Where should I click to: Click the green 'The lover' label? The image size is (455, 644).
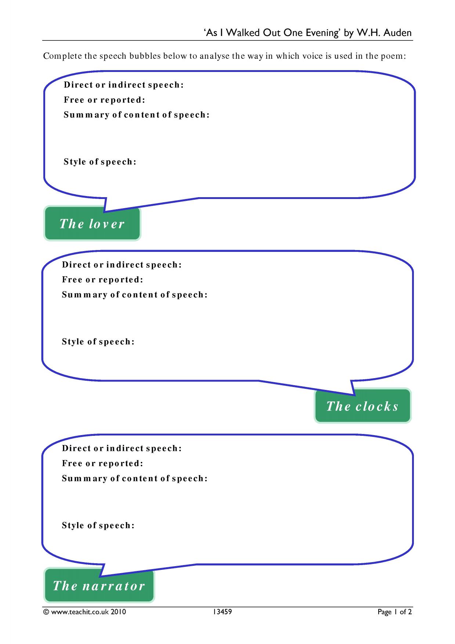click(x=92, y=224)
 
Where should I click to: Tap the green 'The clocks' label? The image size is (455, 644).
click(x=363, y=406)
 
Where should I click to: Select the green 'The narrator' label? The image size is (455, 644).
click(x=99, y=585)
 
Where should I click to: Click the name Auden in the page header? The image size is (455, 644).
click(x=398, y=33)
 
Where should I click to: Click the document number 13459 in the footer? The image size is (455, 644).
click(x=222, y=612)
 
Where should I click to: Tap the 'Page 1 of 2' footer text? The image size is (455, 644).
click(x=395, y=612)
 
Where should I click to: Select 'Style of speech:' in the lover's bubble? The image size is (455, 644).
click(x=100, y=162)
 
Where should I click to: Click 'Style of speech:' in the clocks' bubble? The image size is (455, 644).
click(x=98, y=341)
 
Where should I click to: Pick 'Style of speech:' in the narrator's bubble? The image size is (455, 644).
click(x=98, y=525)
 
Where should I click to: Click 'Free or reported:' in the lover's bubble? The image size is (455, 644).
click(x=105, y=100)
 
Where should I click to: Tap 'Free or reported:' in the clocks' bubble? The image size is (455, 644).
click(x=103, y=280)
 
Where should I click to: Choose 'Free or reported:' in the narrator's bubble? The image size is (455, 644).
click(x=103, y=463)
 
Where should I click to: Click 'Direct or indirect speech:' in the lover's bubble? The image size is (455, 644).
click(x=124, y=85)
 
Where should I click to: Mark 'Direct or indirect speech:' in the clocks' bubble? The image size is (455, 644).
click(x=122, y=265)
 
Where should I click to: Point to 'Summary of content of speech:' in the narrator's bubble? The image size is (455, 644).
click(x=135, y=478)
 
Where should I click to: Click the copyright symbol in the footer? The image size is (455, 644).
click(x=46, y=612)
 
